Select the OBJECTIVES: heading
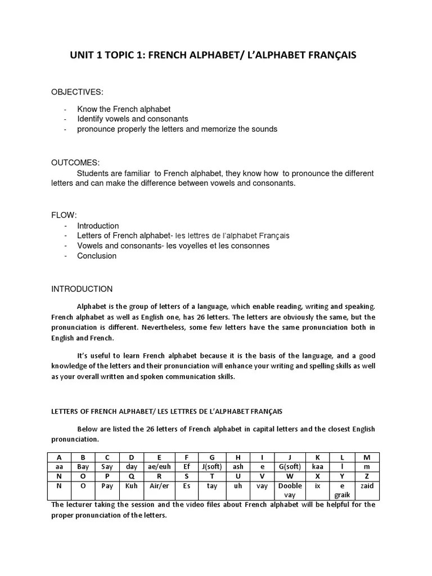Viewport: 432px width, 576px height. pyautogui.click(x=78, y=92)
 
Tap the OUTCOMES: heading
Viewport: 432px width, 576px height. pyautogui.click(x=75, y=163)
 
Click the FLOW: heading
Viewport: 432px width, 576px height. pyautogui.click(x=64, y=215)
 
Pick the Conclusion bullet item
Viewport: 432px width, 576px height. pyautogui.click(x=97, y=256)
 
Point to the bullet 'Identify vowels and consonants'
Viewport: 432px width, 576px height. pyautogui.click(x=133, y=119)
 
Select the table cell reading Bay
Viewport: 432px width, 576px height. pyautogui.click(x=83, y=466)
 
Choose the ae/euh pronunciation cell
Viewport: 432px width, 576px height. pyautogui.click(x=160, y=466)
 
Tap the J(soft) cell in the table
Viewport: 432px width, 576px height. pyautogui.click(x=212, y=466)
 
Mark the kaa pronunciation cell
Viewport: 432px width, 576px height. pyautogui.click(x=318, y=466)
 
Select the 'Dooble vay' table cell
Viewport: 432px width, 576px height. pyautogui.click(x=290, y=490)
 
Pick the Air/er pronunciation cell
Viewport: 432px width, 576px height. pyautogui.click(x=160, y=485)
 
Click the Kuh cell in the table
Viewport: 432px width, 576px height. pyautogui.click(x=132, y=485)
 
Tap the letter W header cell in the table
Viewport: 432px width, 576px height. pyautogui.click(x=290, y=476)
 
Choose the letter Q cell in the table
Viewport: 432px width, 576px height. pyautogui.click(x=132, y=476)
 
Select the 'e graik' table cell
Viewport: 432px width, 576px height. pyautogui.click(x=342, y=490)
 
